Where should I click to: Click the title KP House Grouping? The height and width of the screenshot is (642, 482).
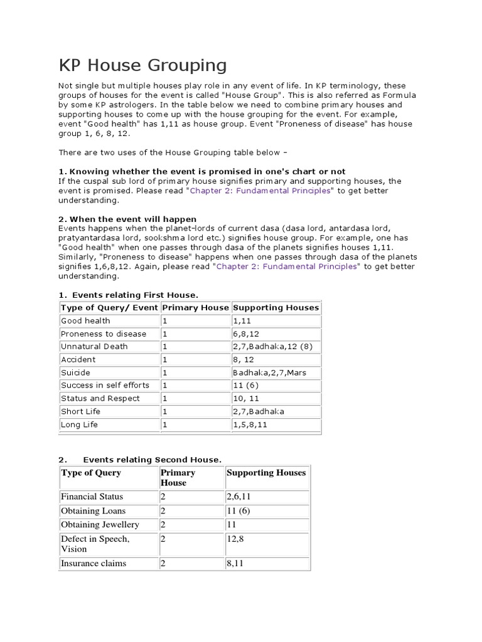tap(142, 65)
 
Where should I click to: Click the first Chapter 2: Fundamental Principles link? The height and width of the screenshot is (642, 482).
tap(260, 191)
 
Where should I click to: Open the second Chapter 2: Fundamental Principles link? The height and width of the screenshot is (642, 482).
tap(288, 266)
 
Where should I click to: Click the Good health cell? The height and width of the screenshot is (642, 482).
tap(85, 320)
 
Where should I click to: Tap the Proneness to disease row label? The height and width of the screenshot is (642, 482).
tap(104, 334)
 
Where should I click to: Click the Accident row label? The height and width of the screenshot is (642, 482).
tap(78, 359)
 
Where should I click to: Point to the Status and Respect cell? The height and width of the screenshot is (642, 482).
tap(100, 398)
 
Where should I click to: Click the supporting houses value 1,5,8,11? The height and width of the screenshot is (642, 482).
tap(250, 424)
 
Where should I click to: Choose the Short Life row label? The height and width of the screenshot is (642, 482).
tap(81, 411)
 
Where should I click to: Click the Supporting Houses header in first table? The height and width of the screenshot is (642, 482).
tap(276, 307)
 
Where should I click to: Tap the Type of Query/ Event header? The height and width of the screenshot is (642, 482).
tap(109, 307)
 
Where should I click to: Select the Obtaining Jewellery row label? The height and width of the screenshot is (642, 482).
tap(100, 524)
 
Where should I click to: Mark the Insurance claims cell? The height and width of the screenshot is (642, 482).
tap(94, 563)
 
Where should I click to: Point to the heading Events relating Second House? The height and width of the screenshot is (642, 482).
tap(153, 460)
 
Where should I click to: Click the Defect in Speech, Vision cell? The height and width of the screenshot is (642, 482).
tap(95, 544)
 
